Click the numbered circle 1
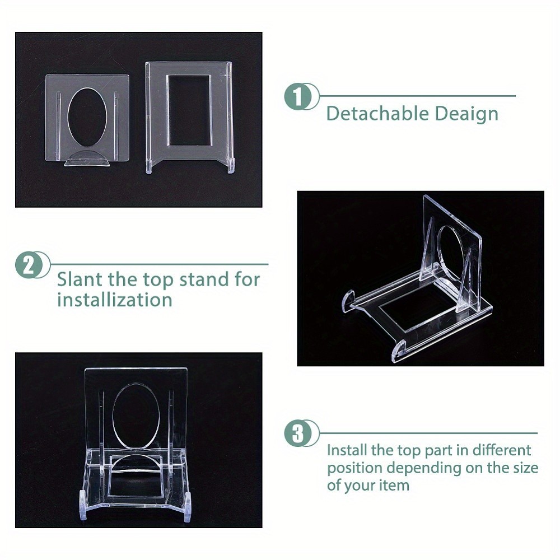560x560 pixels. pos(300,97)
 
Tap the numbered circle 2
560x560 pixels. pos(30,265)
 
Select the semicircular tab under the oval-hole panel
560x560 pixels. pos(86,159)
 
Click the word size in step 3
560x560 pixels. pos(525,467)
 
